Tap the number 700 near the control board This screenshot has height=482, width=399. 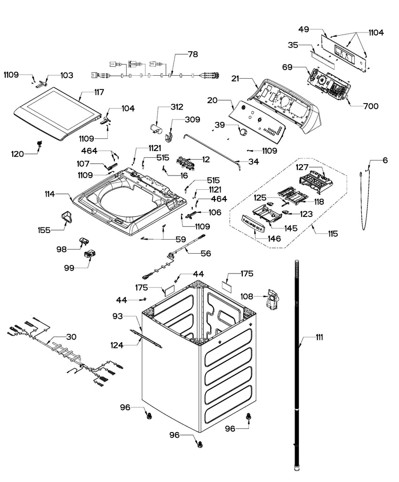coord(370,107)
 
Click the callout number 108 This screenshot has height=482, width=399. coord(247,297)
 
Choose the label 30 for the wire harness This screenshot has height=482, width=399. coord(71,337)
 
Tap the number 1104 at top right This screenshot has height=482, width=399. coord(375,33)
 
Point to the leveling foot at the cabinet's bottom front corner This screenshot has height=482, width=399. coord(201,443)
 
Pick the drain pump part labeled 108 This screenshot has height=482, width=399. coord(272,300)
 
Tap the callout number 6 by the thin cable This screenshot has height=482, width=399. coord(385,161)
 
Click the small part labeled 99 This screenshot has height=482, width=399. coord(89,255)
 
